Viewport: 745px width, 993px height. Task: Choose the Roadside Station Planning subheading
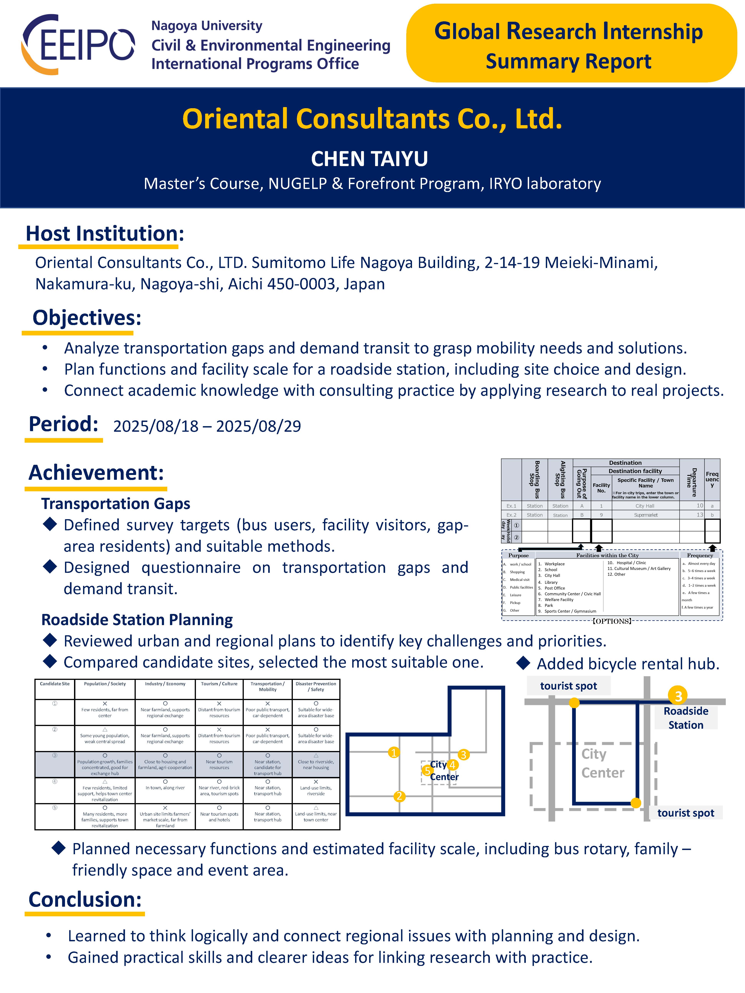(137, 620)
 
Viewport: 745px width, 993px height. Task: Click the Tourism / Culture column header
(219, 684)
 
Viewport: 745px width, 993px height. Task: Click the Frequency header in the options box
(700, 555)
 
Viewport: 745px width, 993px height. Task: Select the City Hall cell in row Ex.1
(645, 506)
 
